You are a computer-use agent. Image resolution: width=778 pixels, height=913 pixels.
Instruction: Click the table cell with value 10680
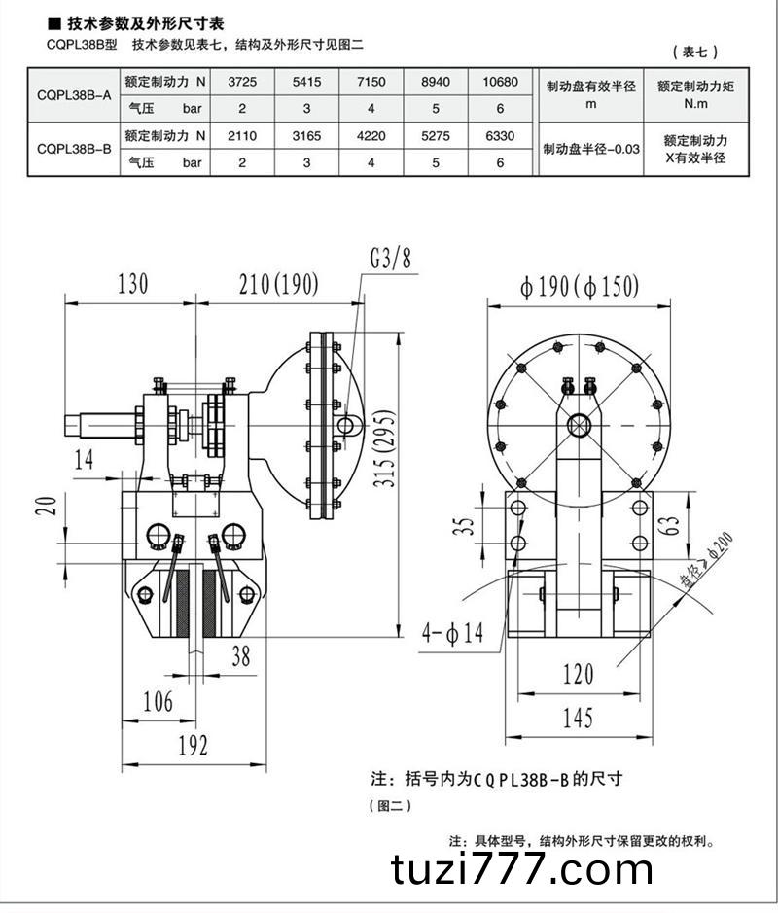pos(500,83)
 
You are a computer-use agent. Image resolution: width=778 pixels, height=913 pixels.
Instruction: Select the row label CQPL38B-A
pos(73,94)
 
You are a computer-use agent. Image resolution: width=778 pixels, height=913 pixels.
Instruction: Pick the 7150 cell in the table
pos(371,83)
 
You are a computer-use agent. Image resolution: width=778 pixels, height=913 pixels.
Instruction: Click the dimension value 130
pos(132,284)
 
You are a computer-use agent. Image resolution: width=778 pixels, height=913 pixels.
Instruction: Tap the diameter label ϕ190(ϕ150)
pos(579,287)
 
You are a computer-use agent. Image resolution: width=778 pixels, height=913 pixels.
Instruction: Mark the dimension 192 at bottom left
pos(193,746)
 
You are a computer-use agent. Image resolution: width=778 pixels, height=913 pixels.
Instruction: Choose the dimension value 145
pos(577,719)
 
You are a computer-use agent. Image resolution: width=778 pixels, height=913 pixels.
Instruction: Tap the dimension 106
pos(157,701)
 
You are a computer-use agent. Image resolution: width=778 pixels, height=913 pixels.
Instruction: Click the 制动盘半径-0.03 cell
pos(591,149)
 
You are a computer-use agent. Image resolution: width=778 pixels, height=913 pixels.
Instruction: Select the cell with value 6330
pos(500,137)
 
